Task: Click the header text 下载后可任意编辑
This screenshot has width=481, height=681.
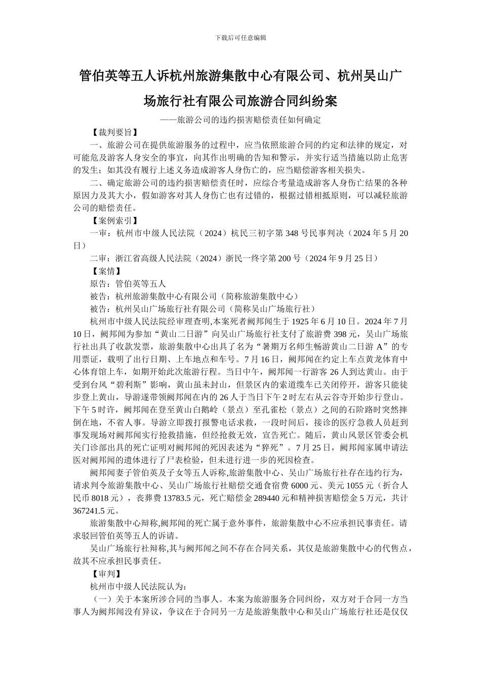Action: pos(240,37)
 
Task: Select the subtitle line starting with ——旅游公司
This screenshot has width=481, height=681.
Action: pos(240,120)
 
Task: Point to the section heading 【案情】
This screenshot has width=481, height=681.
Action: pos(105,271)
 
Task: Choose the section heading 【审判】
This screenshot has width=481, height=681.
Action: pos(105,574)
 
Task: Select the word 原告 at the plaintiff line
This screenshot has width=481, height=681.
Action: pos(98,284)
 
